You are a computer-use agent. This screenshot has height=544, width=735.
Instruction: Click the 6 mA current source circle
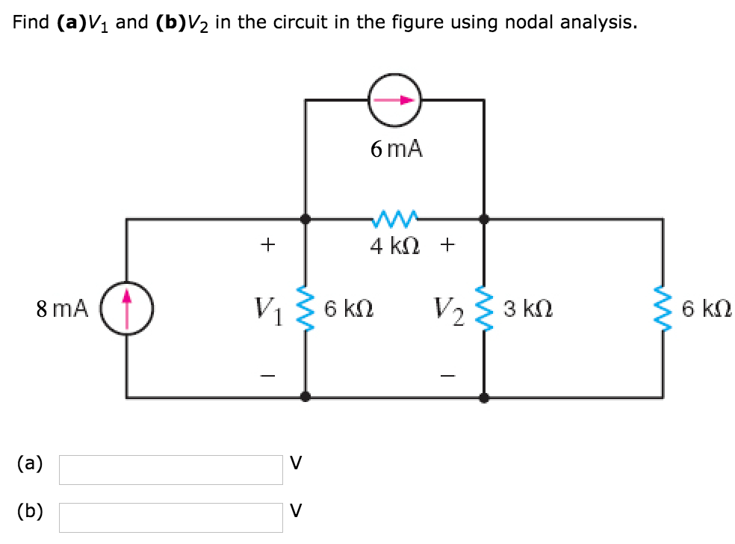tap(395, 99)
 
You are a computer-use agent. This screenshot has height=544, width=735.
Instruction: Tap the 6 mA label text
tap(395, 149)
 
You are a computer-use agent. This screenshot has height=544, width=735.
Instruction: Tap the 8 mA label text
tap(62, 307)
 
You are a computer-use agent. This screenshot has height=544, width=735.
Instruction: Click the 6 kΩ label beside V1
tap(349, 307)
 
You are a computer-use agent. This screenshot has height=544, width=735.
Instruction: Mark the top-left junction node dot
tap(306, 220)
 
